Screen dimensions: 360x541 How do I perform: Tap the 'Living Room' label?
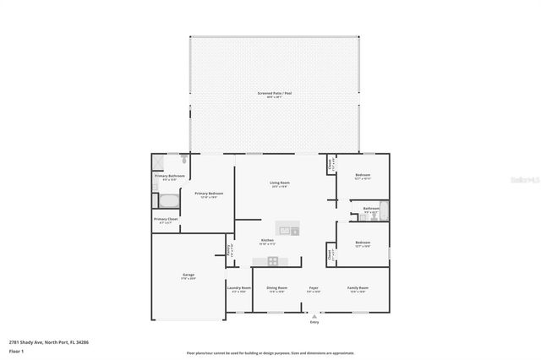pos(280,183)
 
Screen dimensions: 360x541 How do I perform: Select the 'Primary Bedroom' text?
pos(209,194)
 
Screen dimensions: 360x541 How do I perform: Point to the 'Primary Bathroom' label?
pos(169,176)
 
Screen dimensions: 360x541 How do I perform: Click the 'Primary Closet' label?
pos(166,219)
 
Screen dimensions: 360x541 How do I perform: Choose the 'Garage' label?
pos(189,275)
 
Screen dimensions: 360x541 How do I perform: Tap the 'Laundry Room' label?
pos(238,288)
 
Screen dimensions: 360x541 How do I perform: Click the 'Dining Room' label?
pos(277,288)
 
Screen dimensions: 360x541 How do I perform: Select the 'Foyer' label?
pos(313,288)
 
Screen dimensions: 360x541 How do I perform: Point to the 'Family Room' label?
pos(358,288)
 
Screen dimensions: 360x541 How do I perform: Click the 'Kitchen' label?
pos(267,241)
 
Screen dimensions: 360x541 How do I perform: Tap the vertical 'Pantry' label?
pos(229,249)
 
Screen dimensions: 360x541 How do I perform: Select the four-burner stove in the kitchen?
pos(273,261)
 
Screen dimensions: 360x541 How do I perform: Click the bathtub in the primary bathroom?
pos(168,201)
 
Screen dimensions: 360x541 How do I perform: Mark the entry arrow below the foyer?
pos(314,316)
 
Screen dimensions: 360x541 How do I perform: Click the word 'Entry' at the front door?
pos(314,322)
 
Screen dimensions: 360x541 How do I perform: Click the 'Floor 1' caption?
pos(16,350)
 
